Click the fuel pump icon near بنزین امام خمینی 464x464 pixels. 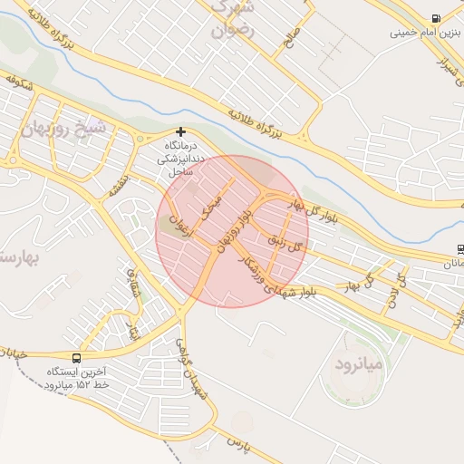click(438, 19)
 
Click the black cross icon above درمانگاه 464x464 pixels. click(180, 132)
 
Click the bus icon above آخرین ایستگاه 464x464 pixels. click(75, 358)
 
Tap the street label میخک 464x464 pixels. click(216, 202)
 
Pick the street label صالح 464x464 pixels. click(291, 39)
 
